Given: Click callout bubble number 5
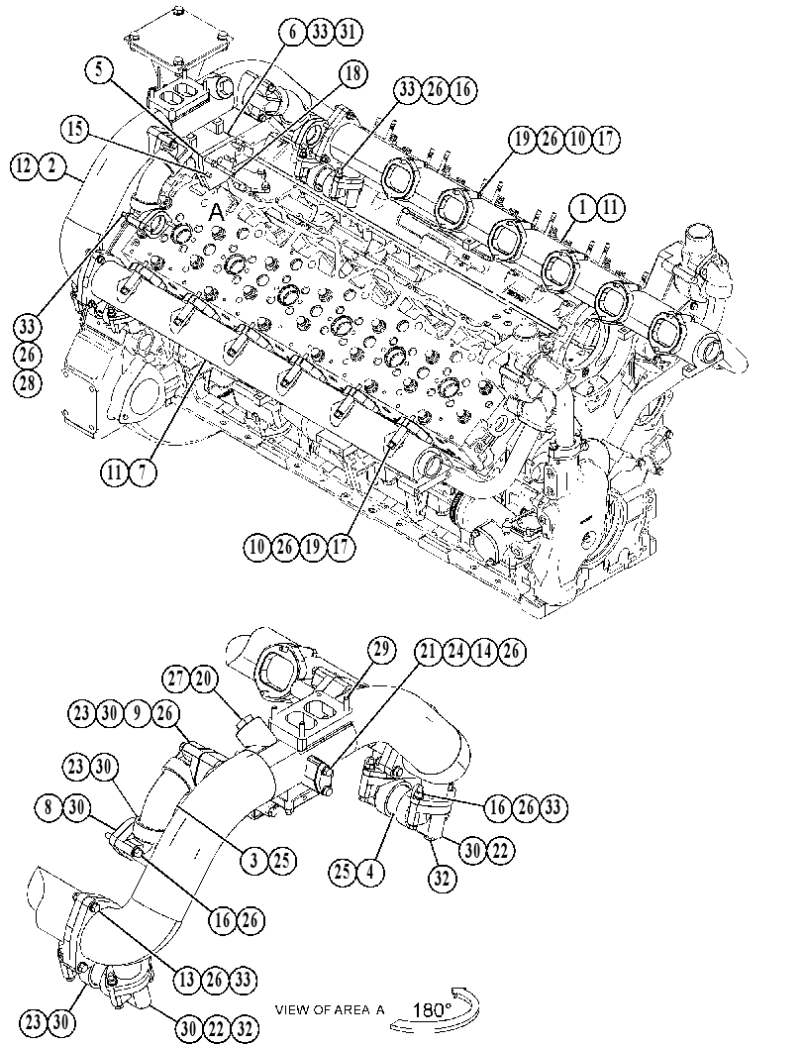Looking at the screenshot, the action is click(x=99, y=70).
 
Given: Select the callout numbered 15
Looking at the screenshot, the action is click(x=77, y=129).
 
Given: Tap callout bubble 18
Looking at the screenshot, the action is click(x=353, y=73).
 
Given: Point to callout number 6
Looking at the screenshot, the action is click(x=293, y=32).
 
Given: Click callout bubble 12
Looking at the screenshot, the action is click(x=25, y=165).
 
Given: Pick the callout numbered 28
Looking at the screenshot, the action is click(x=28, y=382).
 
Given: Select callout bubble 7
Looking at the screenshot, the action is click(x=142, y=472).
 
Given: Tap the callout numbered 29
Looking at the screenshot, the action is click(x=381, y=651).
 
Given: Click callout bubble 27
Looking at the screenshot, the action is click(x=177, y=680).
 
